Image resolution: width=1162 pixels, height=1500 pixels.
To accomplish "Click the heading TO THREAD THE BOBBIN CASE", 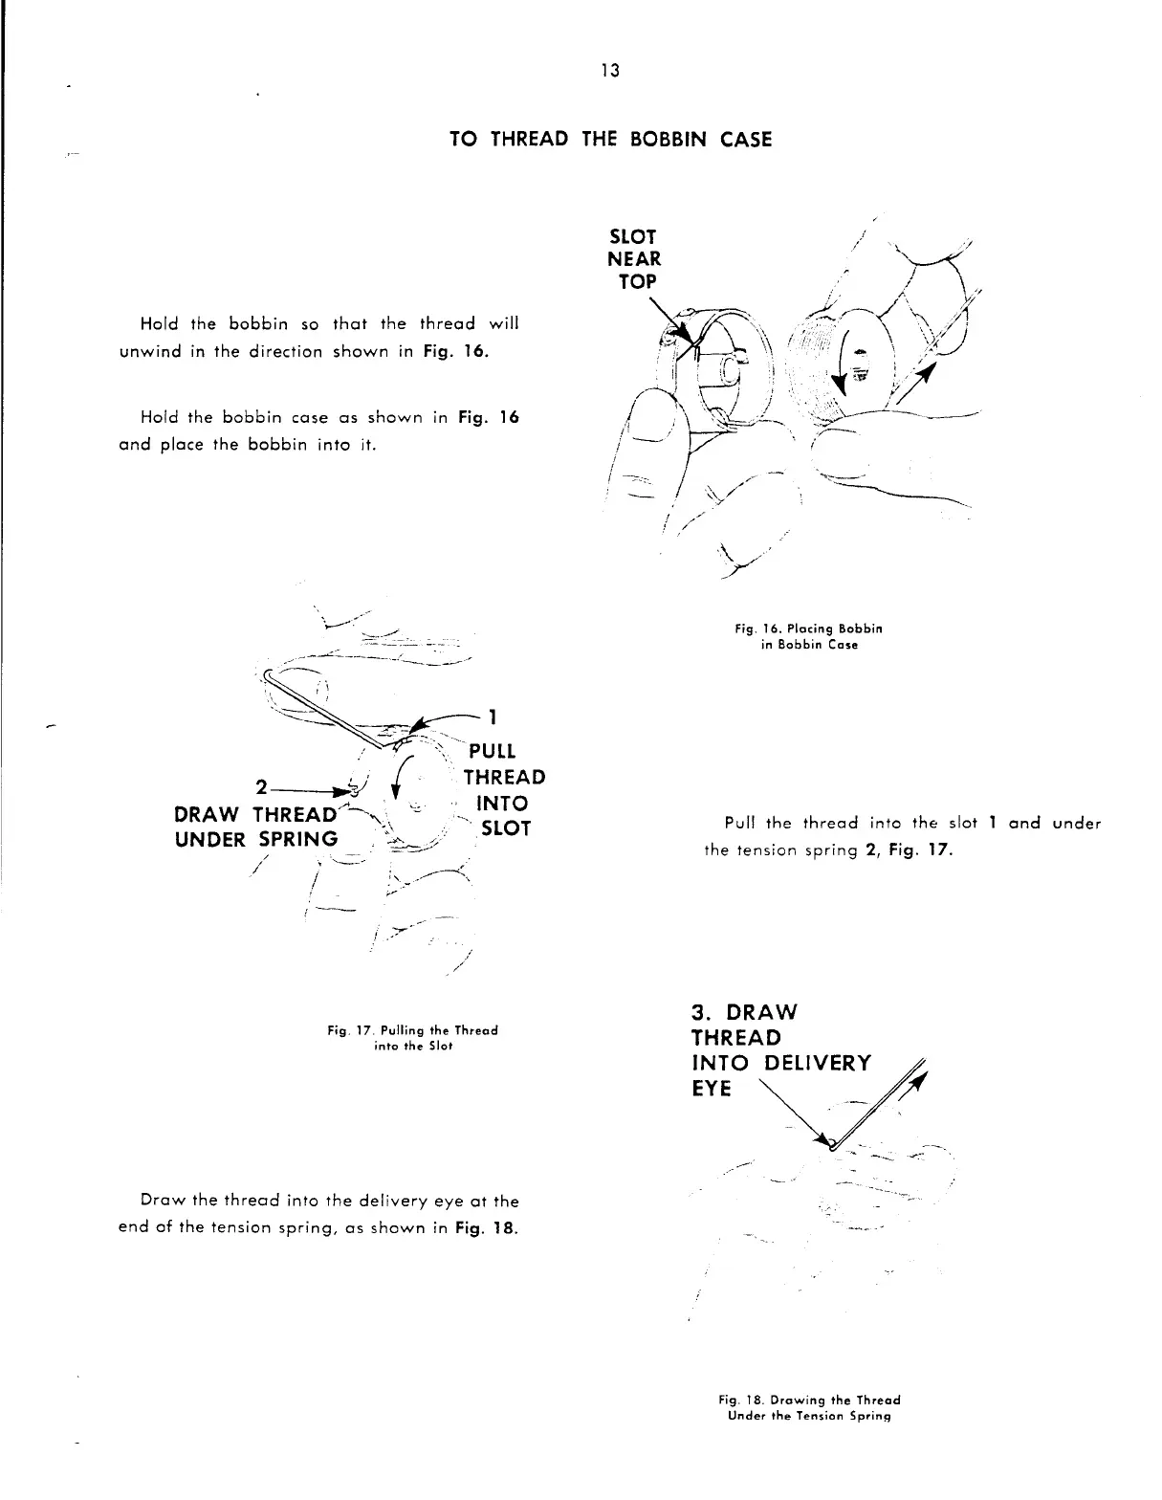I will pyautogui.click(x=610, y=140).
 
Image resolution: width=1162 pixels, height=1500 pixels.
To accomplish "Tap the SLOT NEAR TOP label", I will pyautogui.click(x=634, y=258).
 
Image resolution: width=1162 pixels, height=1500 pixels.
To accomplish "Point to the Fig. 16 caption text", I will pyautogui.click(x=808, y=636).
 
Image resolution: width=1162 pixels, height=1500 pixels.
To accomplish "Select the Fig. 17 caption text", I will pyautogui.click(x=412, y=1038).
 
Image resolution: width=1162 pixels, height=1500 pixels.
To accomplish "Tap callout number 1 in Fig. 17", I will pyautogui.click(x=492, y=717).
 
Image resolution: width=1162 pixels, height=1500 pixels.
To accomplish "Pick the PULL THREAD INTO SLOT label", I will pyautogui.click(x=503, y=789).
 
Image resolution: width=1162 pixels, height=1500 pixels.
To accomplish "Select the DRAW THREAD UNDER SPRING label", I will pyautogui.click(x=257, y=827).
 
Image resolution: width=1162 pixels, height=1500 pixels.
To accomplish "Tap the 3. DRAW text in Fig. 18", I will pyautogui.click(x=743, y=1012).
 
